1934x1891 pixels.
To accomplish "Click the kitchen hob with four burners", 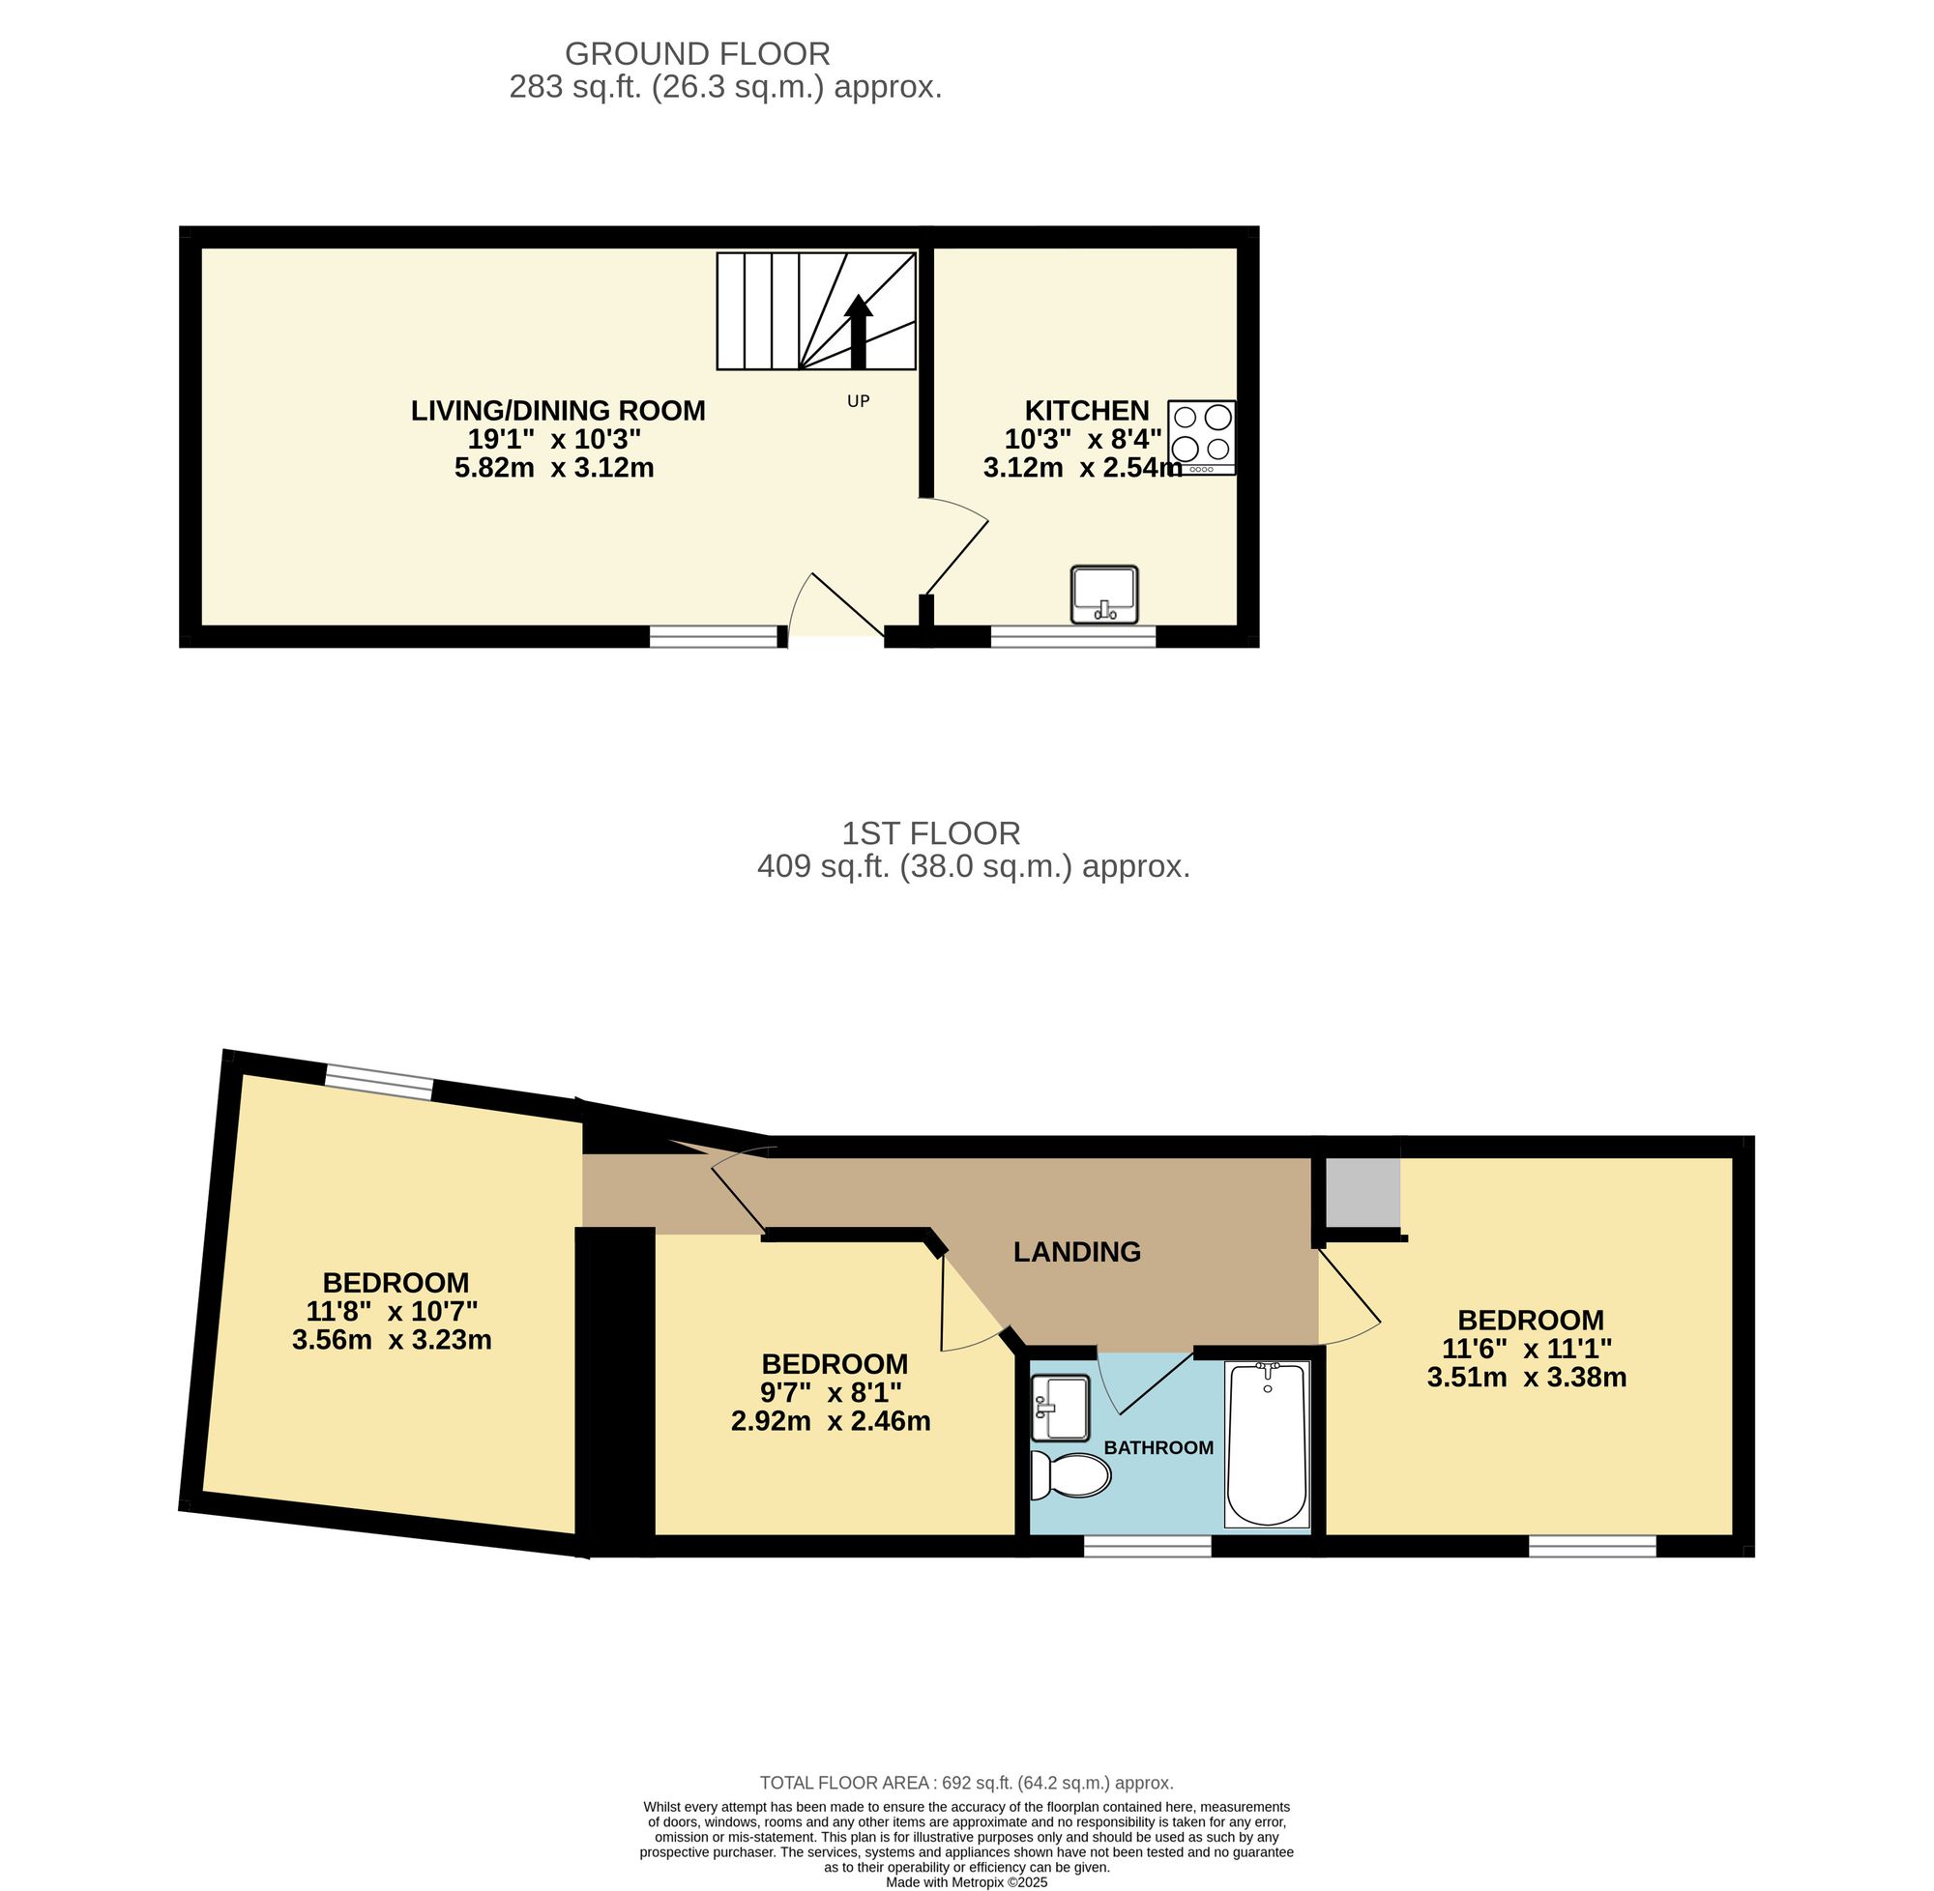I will point(1202,437).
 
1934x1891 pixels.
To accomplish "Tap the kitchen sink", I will point(1104,594).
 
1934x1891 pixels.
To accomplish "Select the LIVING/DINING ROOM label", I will point(558,410).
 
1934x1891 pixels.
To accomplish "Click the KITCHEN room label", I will point(1087,410).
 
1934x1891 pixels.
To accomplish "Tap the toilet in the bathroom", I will point(1070,1476).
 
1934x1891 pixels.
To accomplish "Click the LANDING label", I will point(1077,1252).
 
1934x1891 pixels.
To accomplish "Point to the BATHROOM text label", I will point(1158,1448).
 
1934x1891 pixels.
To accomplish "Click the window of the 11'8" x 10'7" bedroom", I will point(379,1082).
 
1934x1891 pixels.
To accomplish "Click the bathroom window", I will point(1146,1545).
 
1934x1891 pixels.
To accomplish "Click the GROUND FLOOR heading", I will point(697,53).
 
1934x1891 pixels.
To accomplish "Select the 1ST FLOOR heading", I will point(931,833).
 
